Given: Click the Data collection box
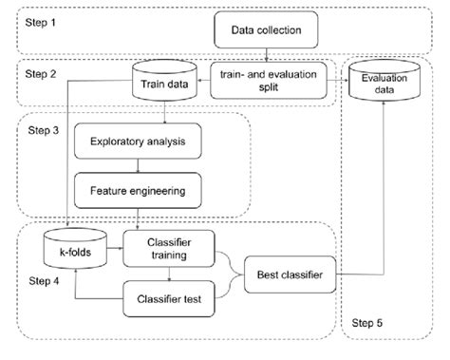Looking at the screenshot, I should coord(267,30).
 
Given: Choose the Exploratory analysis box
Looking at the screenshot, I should coord(139,144).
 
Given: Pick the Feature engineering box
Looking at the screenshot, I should coord(139,191).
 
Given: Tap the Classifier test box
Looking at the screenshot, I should coord(169,300).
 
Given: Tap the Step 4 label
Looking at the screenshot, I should coord(41,282).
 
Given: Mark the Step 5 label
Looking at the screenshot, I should coord(369,324).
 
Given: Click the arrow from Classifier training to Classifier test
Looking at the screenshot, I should coord(169,276).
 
